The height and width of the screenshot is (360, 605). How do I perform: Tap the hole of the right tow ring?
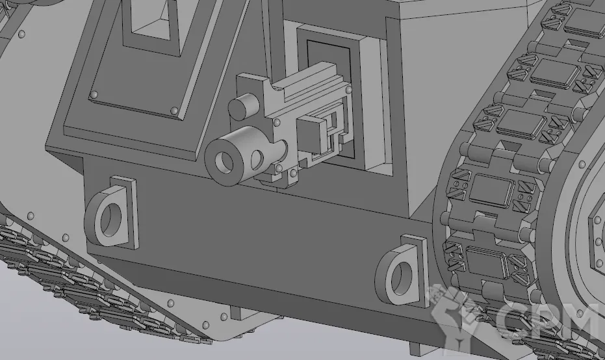click(x=400, y=277)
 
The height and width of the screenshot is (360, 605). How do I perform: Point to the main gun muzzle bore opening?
click(x=224, y=162)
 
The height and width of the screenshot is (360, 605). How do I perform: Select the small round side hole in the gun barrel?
click(x=257, y=161)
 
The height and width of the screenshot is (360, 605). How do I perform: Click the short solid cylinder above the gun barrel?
click(x=243, y=106)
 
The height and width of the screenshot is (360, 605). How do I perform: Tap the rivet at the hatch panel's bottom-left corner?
click(x=94, y=94)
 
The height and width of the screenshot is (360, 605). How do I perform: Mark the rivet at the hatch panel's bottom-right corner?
click(x=174, y=111)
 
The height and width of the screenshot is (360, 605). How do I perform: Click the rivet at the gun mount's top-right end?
click(x=349, y=90)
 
